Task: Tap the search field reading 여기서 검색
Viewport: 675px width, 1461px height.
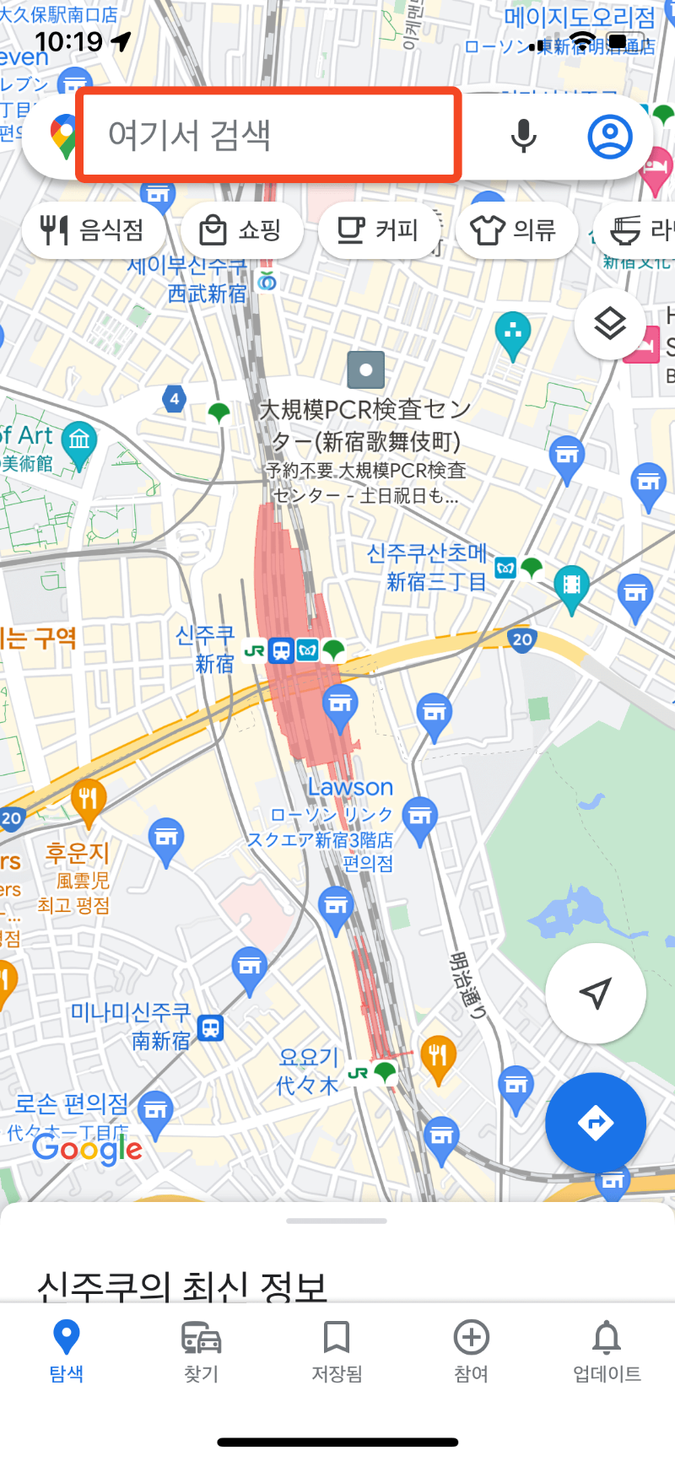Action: click(x=268, y=135)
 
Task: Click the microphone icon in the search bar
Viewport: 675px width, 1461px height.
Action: click(x=523, y=135)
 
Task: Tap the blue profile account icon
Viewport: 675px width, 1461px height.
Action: click(x=610, y=136)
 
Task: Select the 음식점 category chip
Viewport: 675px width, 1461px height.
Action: click(x=93, y=229)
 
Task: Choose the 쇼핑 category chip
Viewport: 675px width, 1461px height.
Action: click(x=240, y=229)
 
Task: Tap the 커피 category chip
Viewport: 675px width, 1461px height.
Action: click(x=378, y=229)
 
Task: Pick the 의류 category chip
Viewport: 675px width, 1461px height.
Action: click(x=516, y=229)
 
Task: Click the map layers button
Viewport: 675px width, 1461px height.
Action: click(x=610, y=323)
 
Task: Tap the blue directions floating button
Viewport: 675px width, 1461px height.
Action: click(x=596, y=1123)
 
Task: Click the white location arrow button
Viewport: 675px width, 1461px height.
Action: click(x=596, y=993)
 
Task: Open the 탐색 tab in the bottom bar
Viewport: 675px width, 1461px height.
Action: click(x=67, y=1350)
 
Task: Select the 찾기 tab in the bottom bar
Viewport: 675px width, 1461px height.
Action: click(x=202, y=1350)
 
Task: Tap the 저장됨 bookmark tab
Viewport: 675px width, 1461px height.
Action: click(x=337, y=1350)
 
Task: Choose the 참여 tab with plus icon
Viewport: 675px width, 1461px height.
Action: click(x=472, y=1350)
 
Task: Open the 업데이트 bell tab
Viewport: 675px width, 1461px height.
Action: click(x=607, y=1350)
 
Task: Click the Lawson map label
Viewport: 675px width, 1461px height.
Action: click(x=350, y=787)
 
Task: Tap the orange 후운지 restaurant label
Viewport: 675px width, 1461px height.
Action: click(x=77, y=853)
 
